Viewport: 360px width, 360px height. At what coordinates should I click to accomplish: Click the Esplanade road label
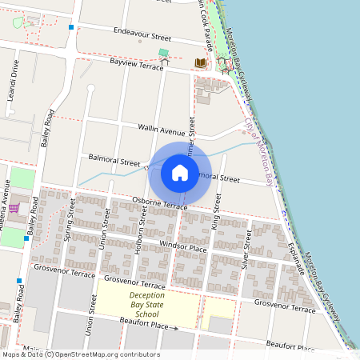coord(298,258)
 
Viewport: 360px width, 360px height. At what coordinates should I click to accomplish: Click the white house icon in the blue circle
coord(180,172)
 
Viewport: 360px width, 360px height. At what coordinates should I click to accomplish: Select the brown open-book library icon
coord(201,62)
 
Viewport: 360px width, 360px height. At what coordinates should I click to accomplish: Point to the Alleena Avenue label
coord(4,206)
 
